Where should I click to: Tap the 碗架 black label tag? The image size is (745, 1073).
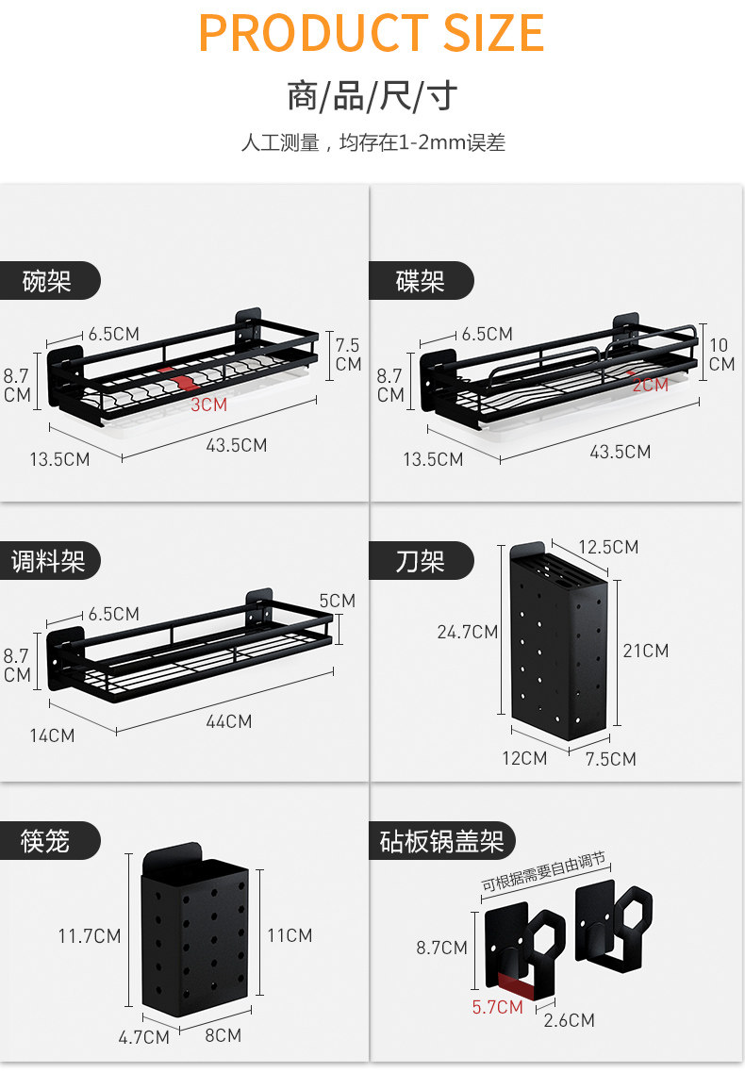pyautogui.click(x=48, y=280)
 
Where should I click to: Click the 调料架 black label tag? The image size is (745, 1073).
pyautogui.click(x=49, y=561)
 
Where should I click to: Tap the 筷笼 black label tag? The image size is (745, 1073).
pyautogui.click(x=48, y=840)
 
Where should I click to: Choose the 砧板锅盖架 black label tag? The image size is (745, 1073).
pyautogui.click(x=441, y=840)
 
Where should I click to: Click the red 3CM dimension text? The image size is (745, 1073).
pyautogui.click(x=208, y=404)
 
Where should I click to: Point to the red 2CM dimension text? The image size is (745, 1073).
pyautogui.click(x=650, y=385)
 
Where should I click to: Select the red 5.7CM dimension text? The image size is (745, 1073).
pyautogui.click(x=497, y=1007)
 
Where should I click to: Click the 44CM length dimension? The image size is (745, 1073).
pyautogui.click(x=228, y=721)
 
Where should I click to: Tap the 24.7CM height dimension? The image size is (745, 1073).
pyautogui.click(x=467, y=632)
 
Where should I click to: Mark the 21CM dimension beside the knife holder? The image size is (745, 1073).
pyautogui.click(x=646, y=651)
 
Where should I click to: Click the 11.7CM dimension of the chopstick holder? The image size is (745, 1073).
pyautogui.click(x=90, y=936)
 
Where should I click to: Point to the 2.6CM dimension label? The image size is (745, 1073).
pyautogui.click(x=570, y=1020)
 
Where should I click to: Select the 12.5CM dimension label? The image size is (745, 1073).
pyautogui.click(x=608, y=547)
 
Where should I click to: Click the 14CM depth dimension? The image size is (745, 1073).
pyautogui.click(x=52, y=735)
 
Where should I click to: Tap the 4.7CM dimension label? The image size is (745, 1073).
pyautogui.click(x=143, y=1037)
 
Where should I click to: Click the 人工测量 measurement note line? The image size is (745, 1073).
pyautogui.click(x=373, y=143)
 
